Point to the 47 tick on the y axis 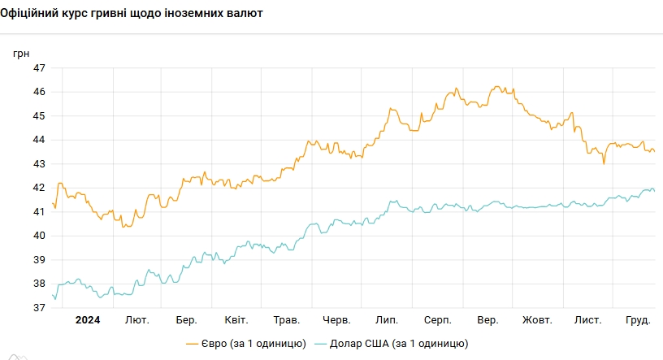[x=39, y=67]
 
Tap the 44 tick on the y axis [x=39, y=140]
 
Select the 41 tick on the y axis [x=39, y=212]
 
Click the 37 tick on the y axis [x=39, y=308]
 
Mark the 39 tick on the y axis [x=39, y=260]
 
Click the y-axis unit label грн [x=21, y=53]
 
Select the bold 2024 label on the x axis [x=88, y=320]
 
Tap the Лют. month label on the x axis [x=136, y=320]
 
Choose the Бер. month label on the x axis [x=186, y=320]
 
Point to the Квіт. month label [x=236, y=320]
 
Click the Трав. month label [x=287, y=320]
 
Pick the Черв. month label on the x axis [x=336, y=320]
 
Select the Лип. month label [x=386, y=320]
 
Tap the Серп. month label [x=437, y=320]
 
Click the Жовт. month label [x=537, y=320]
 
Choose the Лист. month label [x=587, y=320]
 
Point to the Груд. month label [x=637, y=320]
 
